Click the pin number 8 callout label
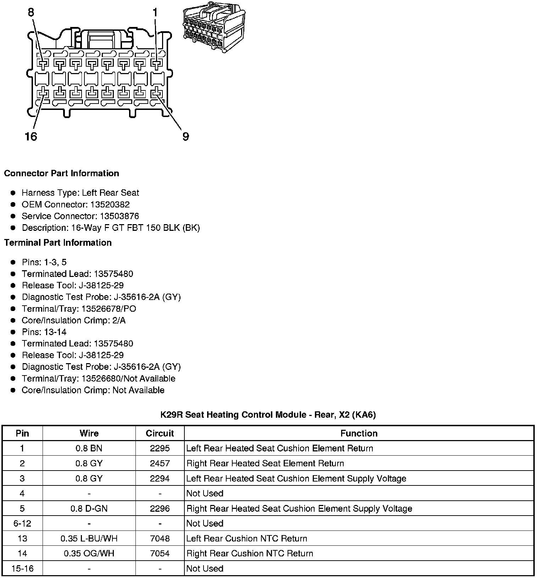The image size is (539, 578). (x=31, y=12)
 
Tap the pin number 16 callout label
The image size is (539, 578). (x=31, y=137)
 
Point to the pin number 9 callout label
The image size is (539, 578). (x=186, y=137)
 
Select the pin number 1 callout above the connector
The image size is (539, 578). (x=155, y=12)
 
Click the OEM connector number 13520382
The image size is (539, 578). (x=110, y=205)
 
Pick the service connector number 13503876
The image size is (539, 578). (x=119, y=216)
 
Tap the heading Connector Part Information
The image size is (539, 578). (x=61, y=173)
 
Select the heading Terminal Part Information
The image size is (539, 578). (x=58, y=243)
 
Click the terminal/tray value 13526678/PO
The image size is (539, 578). (x=109, y=309)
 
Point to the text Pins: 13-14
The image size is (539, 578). (x=44, y=332)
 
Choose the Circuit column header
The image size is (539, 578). (x=160, y=433)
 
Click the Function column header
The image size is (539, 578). (x=359, y=433)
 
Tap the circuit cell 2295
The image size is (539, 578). (x=160, y=449)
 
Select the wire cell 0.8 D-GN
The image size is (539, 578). (x=89, y=509)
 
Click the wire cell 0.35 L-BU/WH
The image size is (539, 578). (x=89, y=539)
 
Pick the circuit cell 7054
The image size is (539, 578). (x=160, y=554)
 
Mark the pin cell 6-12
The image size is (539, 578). (x=22, y=524)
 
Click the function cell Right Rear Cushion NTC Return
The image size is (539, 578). (x=250, y=554)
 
